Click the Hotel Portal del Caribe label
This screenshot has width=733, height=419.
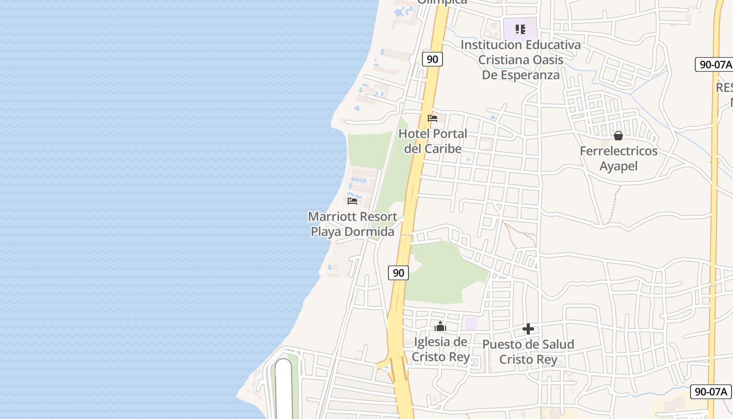tap(432, 141)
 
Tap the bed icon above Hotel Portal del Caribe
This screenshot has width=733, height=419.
tap(432, 118)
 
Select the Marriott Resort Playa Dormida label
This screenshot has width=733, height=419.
tap(352, 224)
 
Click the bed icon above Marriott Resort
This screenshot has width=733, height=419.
tap(352, 201)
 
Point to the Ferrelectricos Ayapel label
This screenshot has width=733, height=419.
tap(618, 159)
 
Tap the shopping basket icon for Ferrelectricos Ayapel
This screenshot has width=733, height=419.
tap(618, 136)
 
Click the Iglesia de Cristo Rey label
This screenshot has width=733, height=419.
tap(440, 349)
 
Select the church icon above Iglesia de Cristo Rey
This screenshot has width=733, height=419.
tap(440, 327)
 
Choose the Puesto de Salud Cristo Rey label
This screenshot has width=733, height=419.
tap(528, 352)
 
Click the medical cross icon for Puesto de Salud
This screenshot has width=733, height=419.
tap(528, 329)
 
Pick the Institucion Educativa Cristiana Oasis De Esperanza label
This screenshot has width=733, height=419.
tap(520, 60)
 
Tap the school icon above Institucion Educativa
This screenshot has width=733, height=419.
tap(520, 29)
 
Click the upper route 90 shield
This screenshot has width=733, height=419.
tap(432, 59)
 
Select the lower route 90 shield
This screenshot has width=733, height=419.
tap(398, 273)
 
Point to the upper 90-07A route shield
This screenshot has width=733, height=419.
tap(714, 64)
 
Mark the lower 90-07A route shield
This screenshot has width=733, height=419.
tap(710, 391)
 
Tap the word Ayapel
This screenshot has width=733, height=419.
tap(618, 167)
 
